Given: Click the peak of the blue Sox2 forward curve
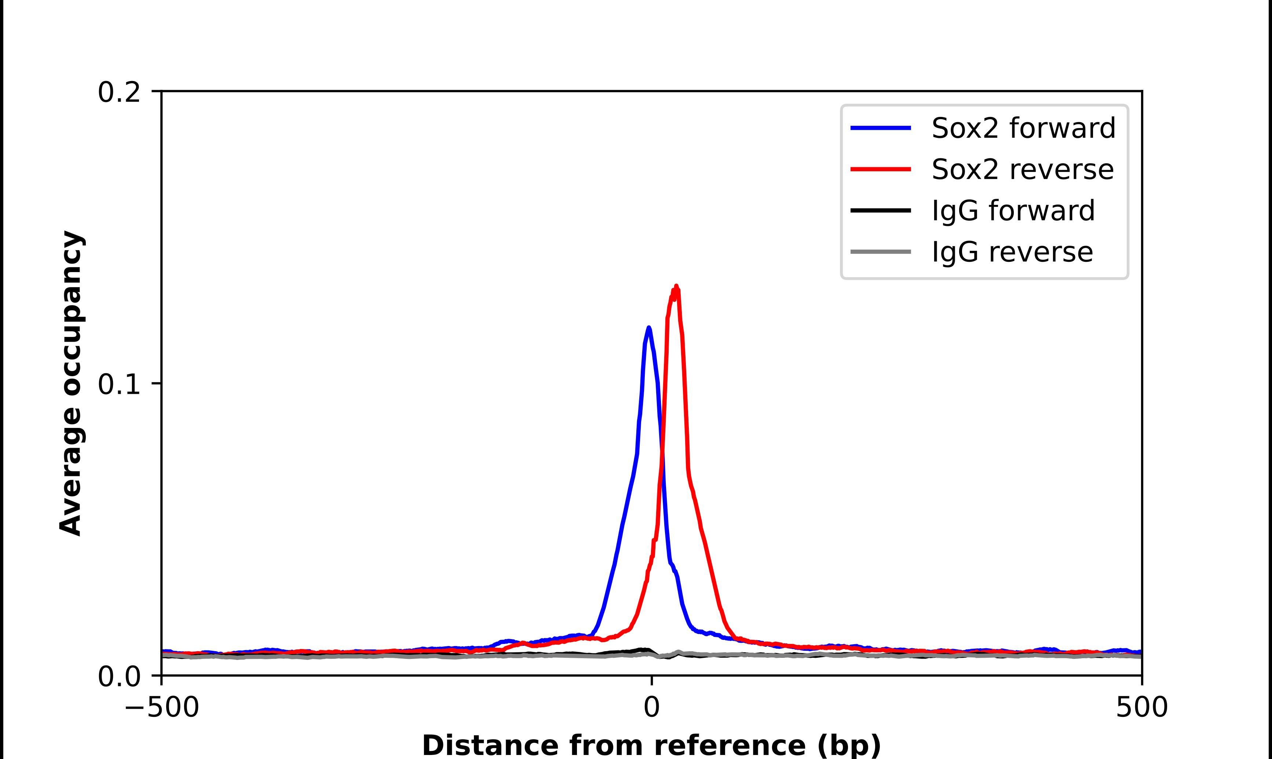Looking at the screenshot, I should (648, 328).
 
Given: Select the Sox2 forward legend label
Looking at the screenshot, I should (1023, 128).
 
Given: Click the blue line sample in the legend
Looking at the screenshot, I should (881, 128).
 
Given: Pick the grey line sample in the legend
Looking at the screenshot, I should (881, 252).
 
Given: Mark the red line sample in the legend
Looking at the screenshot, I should (881, 169).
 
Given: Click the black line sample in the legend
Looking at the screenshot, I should (881, 210).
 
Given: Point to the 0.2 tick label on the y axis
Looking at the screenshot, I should (119, 92).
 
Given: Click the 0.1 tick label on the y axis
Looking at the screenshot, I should (119, 385).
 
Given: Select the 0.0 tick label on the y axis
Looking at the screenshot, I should (119, 676).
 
